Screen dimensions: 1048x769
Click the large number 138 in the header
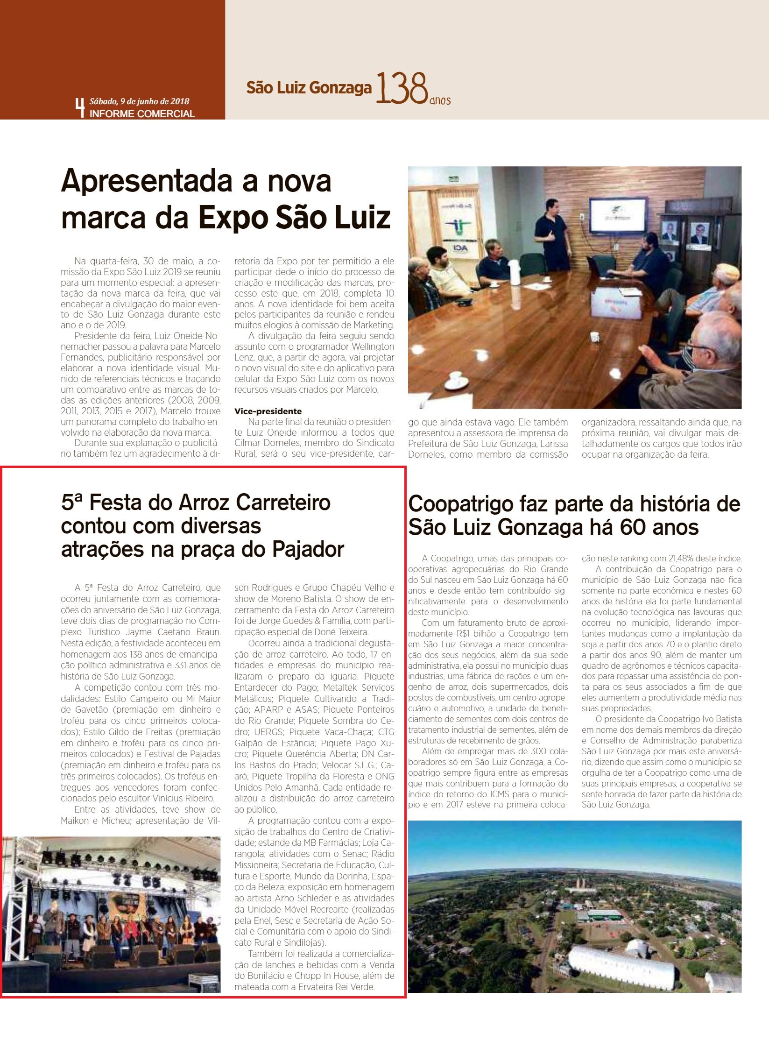[402, 88]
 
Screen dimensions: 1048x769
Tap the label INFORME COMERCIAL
[142, 113]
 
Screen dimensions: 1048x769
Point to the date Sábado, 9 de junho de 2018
[139, 101]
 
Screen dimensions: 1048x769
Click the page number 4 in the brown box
[80, 107]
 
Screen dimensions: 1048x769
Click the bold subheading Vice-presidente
[268, 411]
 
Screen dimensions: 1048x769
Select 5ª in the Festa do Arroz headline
[72, 503]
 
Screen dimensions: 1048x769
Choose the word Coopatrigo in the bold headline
[460, 504]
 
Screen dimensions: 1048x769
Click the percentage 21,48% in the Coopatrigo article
[684, 559]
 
